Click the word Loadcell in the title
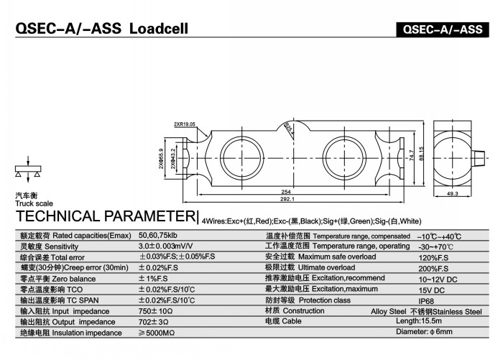[158, 29]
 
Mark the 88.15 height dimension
[422, 154]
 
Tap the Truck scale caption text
[29, 203]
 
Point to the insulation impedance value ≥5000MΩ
[156, 333]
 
